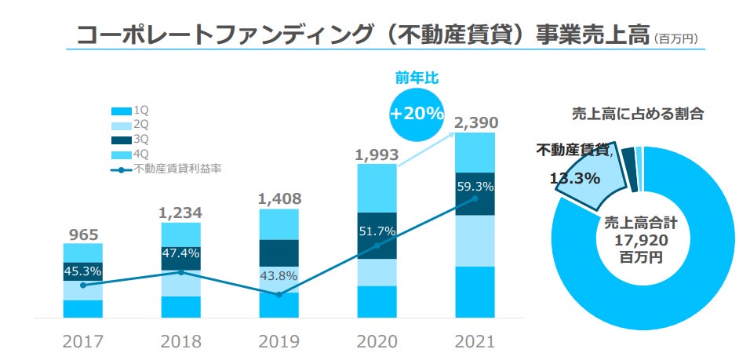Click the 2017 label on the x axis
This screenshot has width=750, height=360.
(82, 342)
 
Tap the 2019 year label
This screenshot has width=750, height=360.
(279, 342)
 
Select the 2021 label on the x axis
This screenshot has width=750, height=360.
(475, 342)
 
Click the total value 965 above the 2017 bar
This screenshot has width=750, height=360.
(82, 233)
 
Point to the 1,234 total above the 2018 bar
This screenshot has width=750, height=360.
(180, 213)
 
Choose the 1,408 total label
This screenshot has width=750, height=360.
(279, 198)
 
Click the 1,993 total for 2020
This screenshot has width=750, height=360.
(377, 154)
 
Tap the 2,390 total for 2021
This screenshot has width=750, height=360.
(475, 123)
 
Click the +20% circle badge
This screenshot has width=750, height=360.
(417, 113)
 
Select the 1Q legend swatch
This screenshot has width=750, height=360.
(122, 111)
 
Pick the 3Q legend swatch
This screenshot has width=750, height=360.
(122, 140)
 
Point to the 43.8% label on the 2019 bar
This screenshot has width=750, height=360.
(279, 276)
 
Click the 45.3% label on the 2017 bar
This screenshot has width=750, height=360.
(82, 271)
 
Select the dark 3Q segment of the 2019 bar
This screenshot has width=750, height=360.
(279, 253)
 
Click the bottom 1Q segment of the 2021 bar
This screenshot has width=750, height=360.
(475, 292)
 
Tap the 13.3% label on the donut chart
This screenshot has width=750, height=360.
(575, 178)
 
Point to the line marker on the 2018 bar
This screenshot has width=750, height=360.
(181, 272)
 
